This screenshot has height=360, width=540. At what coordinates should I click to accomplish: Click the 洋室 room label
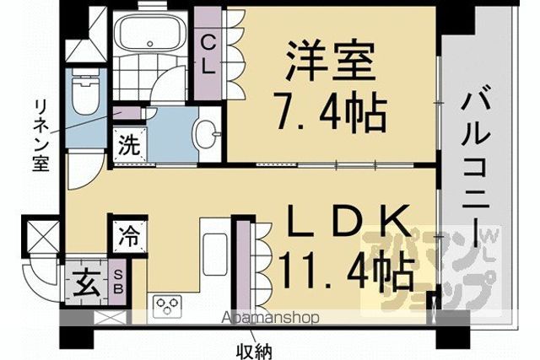[331, 62]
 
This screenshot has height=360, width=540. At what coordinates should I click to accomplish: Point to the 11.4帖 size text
[345, 269]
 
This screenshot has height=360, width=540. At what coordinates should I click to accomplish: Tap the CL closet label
[208, 56]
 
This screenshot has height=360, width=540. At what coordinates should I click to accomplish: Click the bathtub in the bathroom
[150, 33]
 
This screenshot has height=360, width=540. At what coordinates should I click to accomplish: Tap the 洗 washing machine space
[129, 145]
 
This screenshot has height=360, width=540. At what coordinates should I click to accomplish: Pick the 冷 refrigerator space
[129, 237]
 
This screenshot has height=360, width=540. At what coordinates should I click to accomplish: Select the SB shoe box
[118, 282]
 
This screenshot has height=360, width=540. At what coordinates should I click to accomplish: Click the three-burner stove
[167, 306]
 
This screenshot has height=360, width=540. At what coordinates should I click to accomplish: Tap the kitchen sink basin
[215, 254]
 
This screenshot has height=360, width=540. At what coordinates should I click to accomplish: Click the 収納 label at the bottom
[254, 352]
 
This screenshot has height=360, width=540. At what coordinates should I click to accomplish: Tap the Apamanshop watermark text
[270, 317]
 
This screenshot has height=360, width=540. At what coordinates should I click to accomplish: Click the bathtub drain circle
[149, 43]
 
